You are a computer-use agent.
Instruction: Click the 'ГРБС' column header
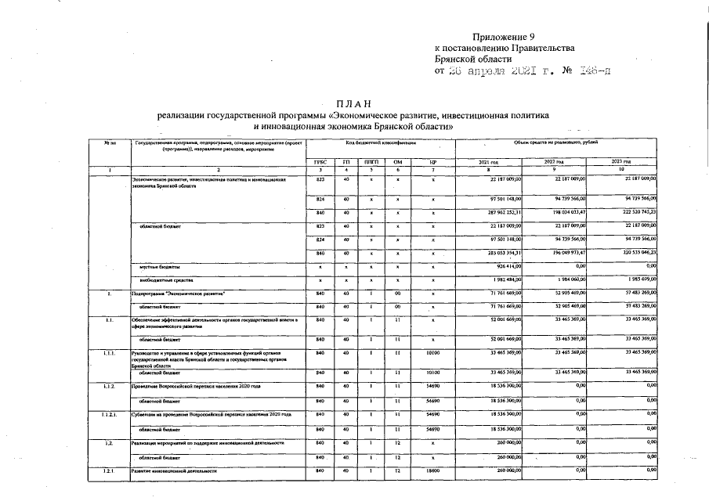pos(320,161)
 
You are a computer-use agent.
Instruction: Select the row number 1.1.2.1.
pos(113,413)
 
